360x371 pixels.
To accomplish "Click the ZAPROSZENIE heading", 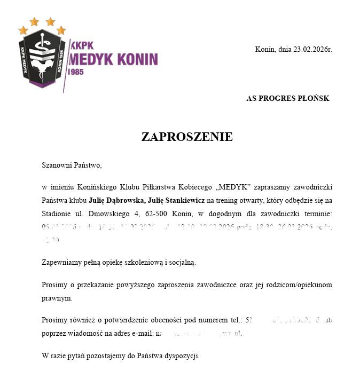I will (187, 137).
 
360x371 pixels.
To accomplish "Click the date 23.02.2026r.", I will (312, 50).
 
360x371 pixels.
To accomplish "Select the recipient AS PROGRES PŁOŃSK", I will (287, 98).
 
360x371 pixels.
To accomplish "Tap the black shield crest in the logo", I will (42, 59).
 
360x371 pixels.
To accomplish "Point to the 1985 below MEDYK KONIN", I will (76, 72).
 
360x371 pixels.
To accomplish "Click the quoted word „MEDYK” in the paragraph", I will (233, 187).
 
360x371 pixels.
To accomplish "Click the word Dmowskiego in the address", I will (107, 214).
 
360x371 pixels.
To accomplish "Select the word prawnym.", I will (57, 298).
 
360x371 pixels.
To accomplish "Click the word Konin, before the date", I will (265, 50).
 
